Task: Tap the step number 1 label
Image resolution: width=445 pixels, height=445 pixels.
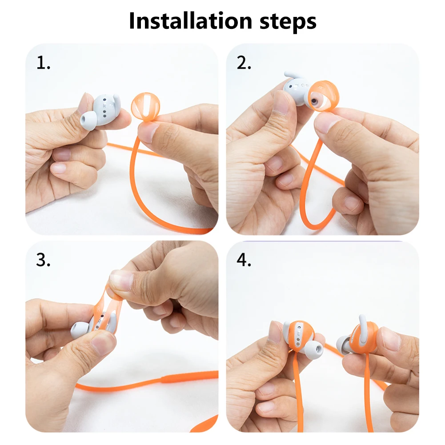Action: click(x=43, y=63)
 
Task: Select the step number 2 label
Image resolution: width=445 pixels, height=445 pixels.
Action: click(x=244, y=63)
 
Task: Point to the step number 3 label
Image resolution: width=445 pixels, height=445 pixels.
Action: click(x=43, y=260)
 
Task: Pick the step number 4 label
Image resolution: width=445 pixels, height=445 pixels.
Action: click(x=244, y=260)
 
